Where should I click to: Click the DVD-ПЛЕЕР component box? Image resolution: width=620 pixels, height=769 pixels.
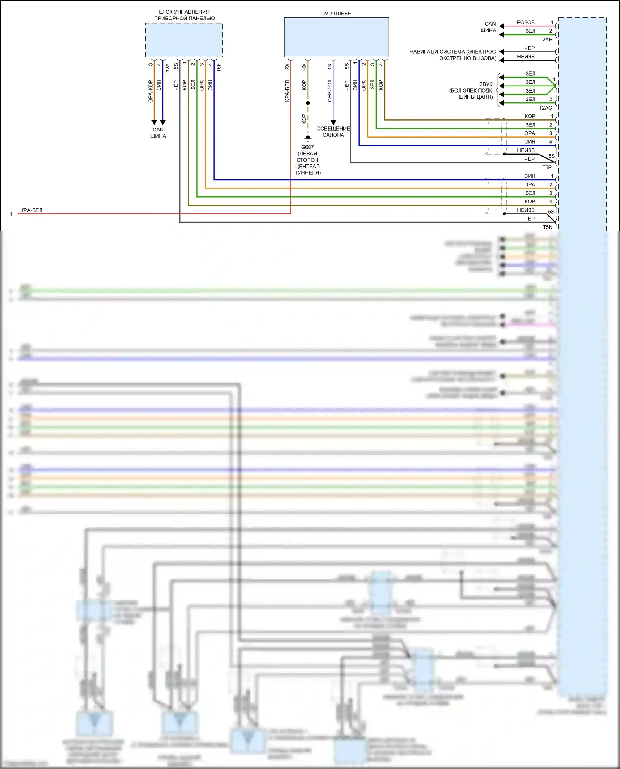point(336,37)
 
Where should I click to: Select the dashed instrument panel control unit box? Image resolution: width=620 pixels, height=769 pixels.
point(184,40)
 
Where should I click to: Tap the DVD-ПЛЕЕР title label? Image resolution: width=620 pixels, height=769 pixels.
point(336,14)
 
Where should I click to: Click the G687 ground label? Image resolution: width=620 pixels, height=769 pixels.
point(308,147)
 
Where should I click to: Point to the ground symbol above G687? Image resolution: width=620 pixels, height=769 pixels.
point(308,138)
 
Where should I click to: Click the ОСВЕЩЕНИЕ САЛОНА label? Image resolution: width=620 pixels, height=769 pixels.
point(333,132)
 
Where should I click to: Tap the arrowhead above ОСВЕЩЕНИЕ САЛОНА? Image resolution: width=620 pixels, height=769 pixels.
point(334,122)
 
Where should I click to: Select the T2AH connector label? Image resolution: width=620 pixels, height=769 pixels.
point(546,40)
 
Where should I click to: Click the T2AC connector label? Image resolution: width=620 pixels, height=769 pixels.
point(545,108)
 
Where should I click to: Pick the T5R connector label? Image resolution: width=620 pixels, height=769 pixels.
point(547,167)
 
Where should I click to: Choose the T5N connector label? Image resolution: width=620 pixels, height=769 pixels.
point(547,227)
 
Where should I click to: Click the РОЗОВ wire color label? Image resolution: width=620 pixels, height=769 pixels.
point(525,22)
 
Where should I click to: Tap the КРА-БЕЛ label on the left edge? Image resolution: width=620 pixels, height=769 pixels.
point(31,210)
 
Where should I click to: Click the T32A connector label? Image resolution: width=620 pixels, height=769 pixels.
point(168,69)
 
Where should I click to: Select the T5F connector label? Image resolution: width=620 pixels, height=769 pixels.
point(219,67)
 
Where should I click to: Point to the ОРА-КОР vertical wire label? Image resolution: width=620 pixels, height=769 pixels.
point(150,91)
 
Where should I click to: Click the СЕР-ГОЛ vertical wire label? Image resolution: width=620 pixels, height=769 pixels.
point(329,90)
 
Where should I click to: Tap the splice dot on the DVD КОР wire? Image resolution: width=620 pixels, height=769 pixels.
point(308,103)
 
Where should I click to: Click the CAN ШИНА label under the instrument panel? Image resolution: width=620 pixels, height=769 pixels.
point(158,133)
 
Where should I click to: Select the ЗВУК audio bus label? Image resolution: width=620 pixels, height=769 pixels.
point(486,84)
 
